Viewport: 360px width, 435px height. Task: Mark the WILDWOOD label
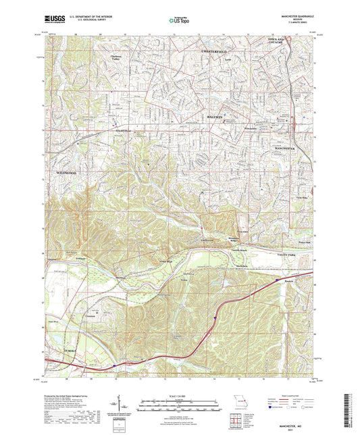tap(66, 173)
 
